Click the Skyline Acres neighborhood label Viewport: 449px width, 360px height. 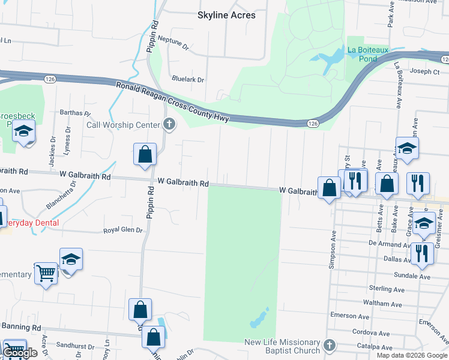click(x=226, y=15)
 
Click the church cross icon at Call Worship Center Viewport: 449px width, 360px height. click(x=169, y=125)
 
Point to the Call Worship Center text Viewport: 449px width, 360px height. click(x=124, y=125)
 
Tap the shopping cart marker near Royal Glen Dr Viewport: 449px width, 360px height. click(x=46, y=274)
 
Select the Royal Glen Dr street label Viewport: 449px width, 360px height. click(x=124, y=230)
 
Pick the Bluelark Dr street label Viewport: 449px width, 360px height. click(x=188, y=79)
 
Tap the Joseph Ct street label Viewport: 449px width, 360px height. click(x=425, y=71)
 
